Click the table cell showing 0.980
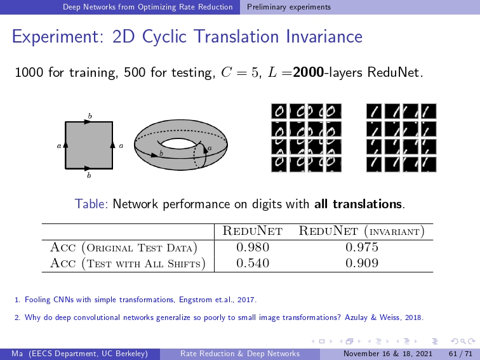(x=253, y=247)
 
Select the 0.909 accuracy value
(x=362, y=263)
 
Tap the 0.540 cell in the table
(x=253, y=263)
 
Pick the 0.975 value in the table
(x=362, y=247)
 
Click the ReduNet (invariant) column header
(x=361, y=231)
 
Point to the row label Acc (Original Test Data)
(x=124, y=248)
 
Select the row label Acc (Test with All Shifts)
(x=128, y=263)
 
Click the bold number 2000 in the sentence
(x=309, y=72)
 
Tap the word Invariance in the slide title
(x=324, y=36)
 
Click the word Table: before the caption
(x=91, y=204)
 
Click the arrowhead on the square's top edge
(x=88, y=122)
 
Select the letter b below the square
(x=89, y=175)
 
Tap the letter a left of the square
(x=59, y=146)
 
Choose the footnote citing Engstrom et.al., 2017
(x=136, y=300)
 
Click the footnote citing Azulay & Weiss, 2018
(x=219, y=317)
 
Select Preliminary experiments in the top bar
(x=289, y=7)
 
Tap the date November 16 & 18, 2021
(x=388, y=354)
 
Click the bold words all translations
(x=358, y=204)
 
